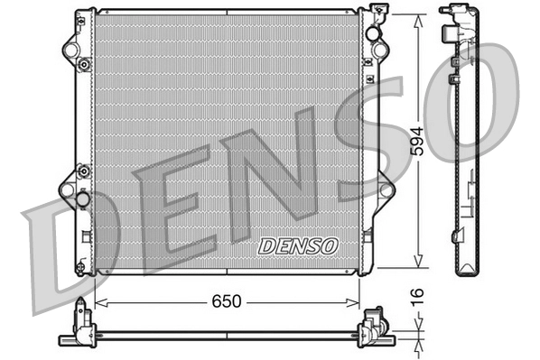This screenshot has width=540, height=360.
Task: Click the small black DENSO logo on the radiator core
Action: pyautogui.click(x=297, y=245)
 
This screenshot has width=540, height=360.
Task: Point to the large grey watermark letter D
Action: pyautogui.click(x=68, y=253)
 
